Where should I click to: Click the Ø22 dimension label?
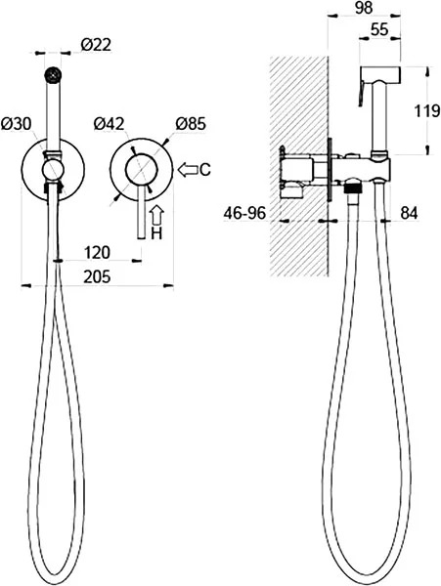coord(96,45)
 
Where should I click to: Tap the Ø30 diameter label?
coord(17,124)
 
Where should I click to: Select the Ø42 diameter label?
coord(109,124)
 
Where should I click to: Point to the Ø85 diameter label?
coord(191,124)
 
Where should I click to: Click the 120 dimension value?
coord(97,253)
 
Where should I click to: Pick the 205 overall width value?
coord(97,277)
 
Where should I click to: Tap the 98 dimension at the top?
coord(364,8)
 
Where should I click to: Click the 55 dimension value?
coord(379,29)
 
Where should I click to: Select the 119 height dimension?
coord(426,110)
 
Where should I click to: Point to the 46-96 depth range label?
coord(244,213)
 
